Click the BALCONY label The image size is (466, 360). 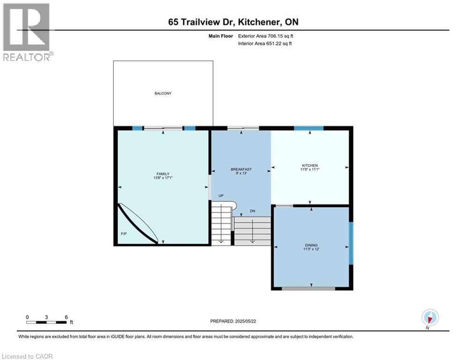click(x=163, y=93)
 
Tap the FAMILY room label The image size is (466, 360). click(x=163, y=174)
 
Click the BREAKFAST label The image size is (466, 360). click(x=241, y=169)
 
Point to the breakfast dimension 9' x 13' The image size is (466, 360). click(x=241, y=173)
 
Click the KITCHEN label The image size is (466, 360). click(x=310, y=165)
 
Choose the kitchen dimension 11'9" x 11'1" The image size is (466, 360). click(x=310, y=170)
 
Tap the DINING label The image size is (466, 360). click(x=311, y=245)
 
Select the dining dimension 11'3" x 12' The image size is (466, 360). click(x=311, y=249)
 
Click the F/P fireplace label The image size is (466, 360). click(x=124, y=233)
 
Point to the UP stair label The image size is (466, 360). click(x=220, y=196)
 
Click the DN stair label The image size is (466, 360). click(x=252, y=211)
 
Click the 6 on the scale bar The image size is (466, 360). click(x=67, y=317)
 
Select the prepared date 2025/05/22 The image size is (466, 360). click(x=233, y=321)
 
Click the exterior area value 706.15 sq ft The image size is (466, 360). click(x=280, y=36)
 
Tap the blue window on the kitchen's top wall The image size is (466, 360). click(x=309, y=128)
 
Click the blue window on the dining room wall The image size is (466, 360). click(x=351, y=243)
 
